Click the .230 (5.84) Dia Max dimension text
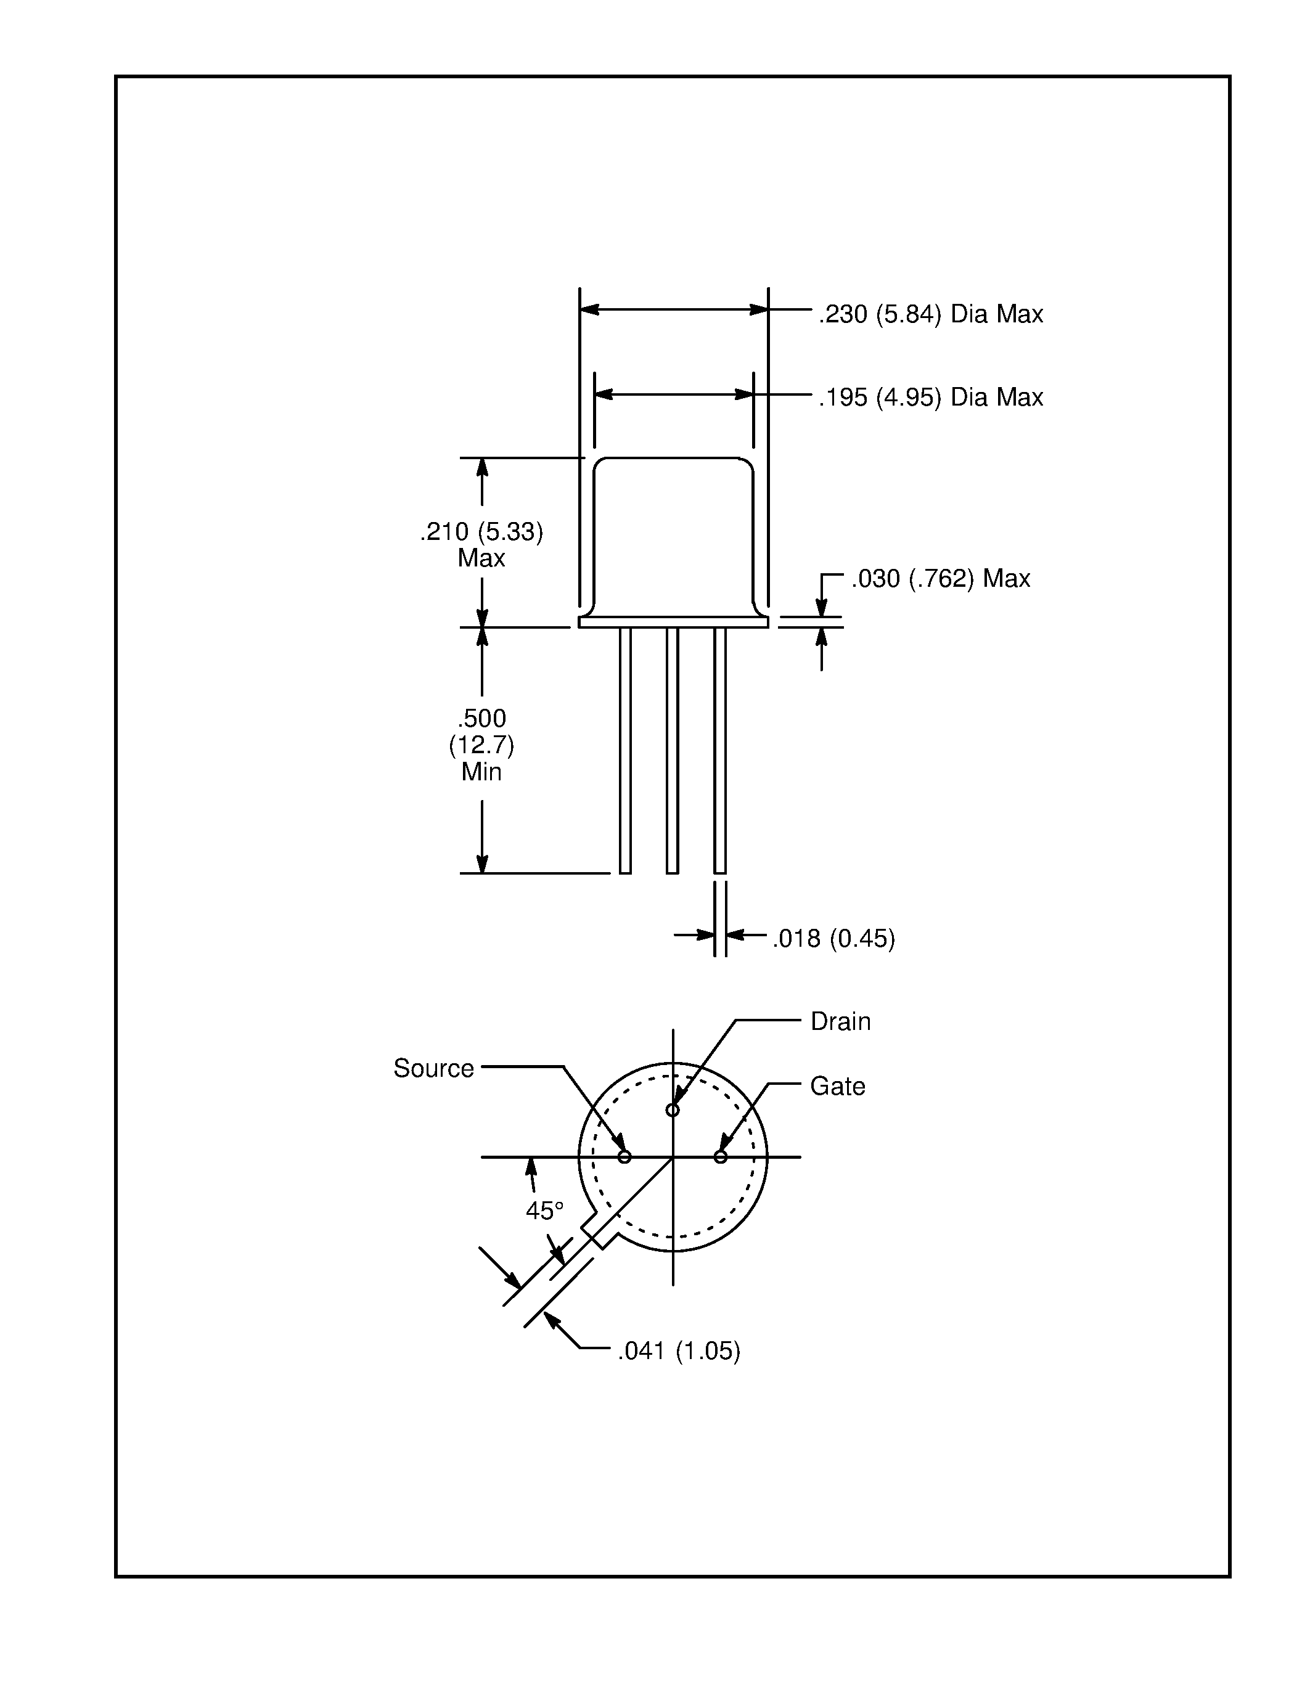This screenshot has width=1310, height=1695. point(930,314)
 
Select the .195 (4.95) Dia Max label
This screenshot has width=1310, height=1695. point(930,398)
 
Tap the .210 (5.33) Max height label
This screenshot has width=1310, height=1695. point(481,544)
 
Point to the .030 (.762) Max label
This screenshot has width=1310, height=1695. point(940,578)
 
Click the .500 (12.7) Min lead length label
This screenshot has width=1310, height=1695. point(481,745)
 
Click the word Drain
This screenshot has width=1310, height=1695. point(840,1021)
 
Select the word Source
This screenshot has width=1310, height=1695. point(433,1069)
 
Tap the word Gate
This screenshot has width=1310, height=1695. point(837,1086)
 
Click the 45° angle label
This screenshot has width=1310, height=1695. point(544,1210)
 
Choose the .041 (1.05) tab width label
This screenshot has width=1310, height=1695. point(678,1351)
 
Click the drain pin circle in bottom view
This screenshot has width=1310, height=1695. point(673,1111)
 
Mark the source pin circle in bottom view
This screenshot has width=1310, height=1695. point(624,1157)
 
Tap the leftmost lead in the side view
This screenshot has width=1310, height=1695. point(624,749)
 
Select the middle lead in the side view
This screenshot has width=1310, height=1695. point(672,749)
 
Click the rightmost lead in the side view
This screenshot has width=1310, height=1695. point(719,749)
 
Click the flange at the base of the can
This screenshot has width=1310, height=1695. point(673,623)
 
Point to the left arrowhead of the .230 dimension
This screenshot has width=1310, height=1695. point(589,309)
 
